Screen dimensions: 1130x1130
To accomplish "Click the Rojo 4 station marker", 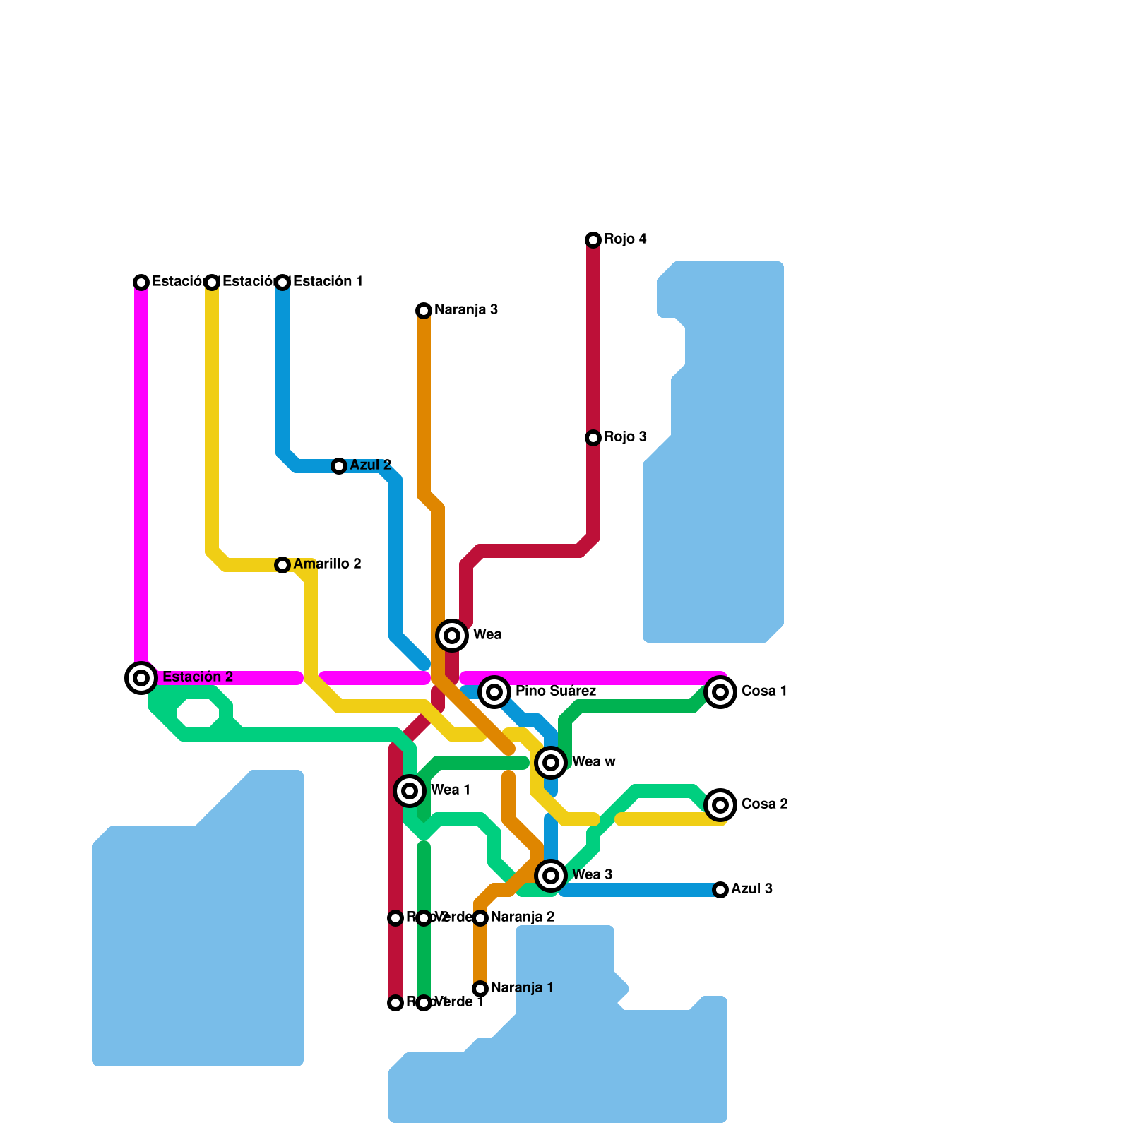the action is pos(593,240).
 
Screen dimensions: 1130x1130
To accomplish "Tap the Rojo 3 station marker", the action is pos(593,438).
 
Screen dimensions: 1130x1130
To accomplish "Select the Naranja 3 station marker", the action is pos(424,311).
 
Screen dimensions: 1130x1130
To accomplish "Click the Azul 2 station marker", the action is pos(339,466).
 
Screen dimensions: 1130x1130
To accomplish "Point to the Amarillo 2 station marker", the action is pos(282,565).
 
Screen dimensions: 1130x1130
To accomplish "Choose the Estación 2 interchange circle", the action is pos(141,678).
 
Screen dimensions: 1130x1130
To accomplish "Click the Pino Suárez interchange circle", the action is pos(494,692).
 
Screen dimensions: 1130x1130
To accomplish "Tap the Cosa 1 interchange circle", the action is pos(720,692).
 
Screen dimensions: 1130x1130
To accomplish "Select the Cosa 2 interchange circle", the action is pos(720,805).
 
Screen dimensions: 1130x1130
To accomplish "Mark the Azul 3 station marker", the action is pos(720,890).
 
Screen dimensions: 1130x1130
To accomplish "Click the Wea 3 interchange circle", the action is pos(551,876).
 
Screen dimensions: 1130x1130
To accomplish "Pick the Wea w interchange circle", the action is pos(551,763).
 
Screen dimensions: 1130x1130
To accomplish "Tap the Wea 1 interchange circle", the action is pos(410,791).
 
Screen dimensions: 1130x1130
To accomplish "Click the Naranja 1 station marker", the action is pos(480,989).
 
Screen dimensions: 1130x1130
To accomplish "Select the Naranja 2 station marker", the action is pos(480,918).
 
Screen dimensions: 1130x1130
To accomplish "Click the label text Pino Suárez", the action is pos(556,691).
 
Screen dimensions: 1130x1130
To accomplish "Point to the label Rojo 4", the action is pos(625,239).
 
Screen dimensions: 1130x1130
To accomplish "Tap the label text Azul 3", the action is pos(751,889).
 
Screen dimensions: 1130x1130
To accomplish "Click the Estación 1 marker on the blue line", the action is pos(282,282).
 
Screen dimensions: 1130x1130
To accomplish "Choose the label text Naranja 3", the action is pos(466,310).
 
